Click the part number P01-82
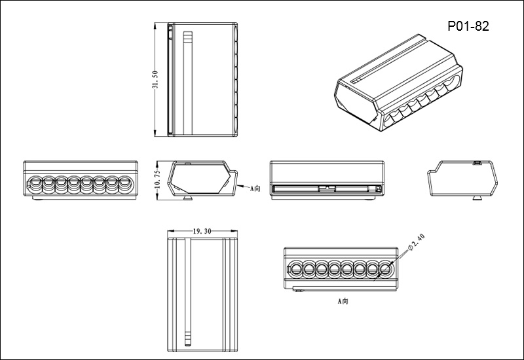tap(468, 26)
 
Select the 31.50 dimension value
tap(155, 81)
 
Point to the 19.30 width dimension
tap(202, 232)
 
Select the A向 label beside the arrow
tap(255, 187)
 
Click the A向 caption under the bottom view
tap(342, 302)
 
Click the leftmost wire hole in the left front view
tap(34, 183)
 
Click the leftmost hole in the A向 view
tap(295, 268)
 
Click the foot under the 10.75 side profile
tap(188, 196)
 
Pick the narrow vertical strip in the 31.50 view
tap(189, 81)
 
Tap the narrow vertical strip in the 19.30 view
tap(189, 295)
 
